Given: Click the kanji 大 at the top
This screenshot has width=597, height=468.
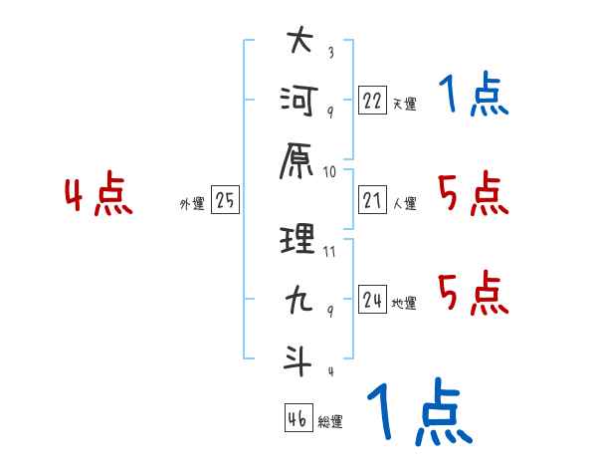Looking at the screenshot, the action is pos(300,39).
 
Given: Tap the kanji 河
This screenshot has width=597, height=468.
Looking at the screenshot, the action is pos(298,101).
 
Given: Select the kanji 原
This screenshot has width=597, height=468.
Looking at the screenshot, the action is pos(297,161).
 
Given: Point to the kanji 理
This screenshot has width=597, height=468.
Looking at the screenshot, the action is pos(298,239).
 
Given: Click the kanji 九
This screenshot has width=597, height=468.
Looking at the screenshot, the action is pos(299,299).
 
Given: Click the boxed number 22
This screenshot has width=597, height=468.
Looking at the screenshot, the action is pos(372,100).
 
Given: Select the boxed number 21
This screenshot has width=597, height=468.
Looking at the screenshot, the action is pos(372,199).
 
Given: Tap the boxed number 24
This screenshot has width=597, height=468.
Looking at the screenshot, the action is pos(372,299).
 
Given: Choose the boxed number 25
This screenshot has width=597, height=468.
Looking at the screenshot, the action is pos(225,199).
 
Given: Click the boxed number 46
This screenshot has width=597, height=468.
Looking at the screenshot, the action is pos(298,417).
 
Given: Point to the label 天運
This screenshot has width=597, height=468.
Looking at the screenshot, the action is pos(405,104).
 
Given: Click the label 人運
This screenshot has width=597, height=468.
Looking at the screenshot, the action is pos(405,203).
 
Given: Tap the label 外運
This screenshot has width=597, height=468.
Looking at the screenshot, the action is pos(192,203).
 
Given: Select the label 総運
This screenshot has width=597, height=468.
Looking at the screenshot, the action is pos(330,422).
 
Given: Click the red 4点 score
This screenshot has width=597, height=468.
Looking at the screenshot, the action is pos(99,193).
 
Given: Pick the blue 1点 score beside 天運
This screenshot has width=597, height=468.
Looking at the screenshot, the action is pos(474,94).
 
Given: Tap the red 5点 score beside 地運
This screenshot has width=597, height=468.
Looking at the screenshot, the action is pos(474,293).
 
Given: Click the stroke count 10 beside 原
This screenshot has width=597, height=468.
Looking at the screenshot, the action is pos(329,172).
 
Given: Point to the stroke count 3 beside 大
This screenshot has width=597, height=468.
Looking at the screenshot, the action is pos(331,52).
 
